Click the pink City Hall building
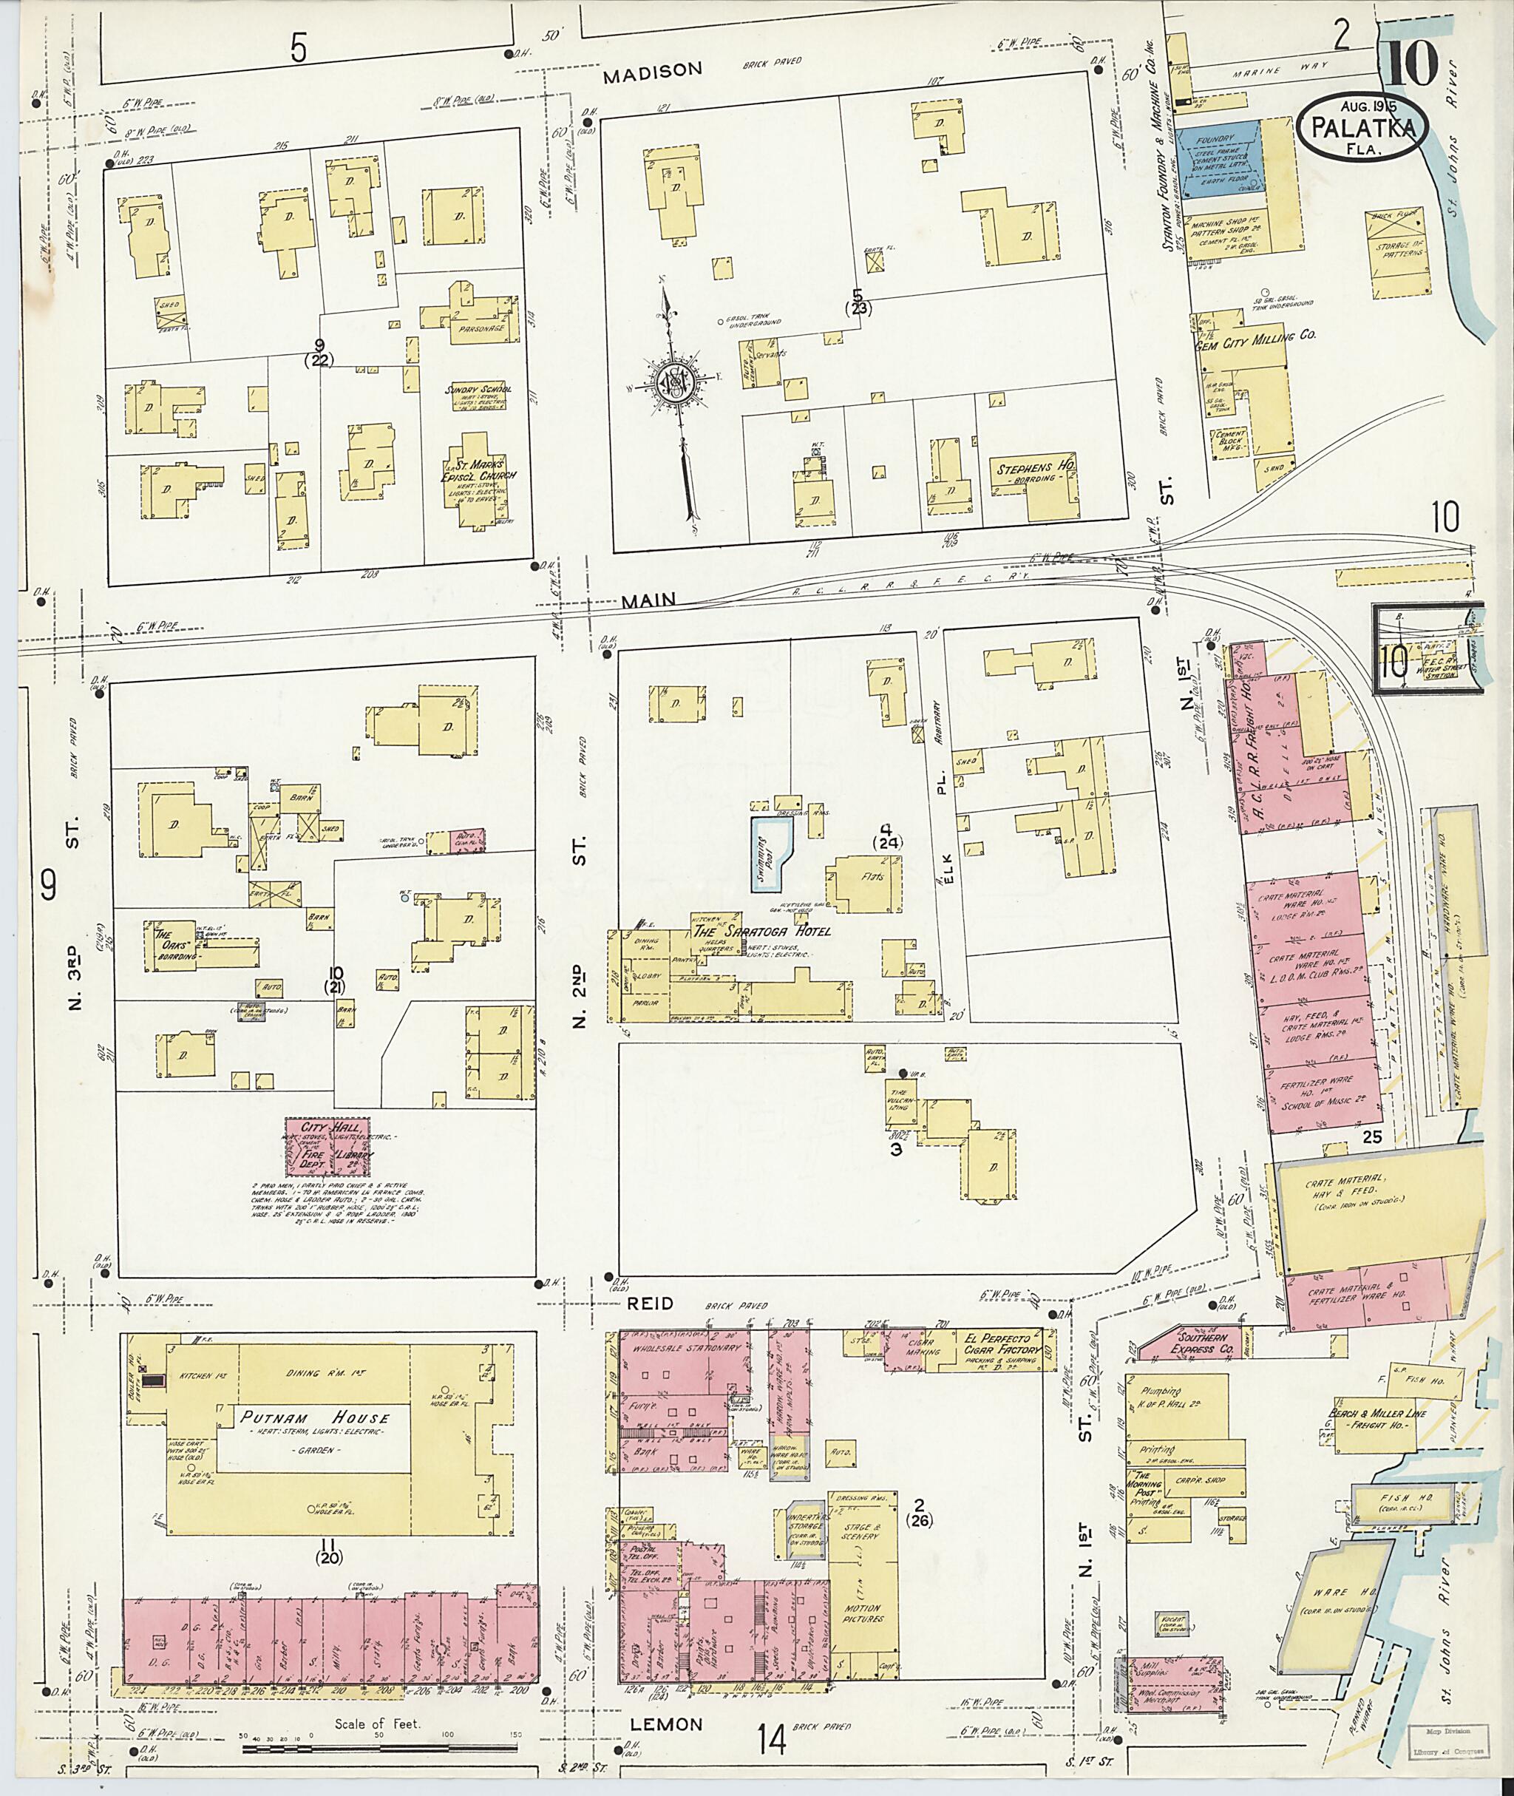coord(329,1146)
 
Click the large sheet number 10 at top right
coord(1412,64)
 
